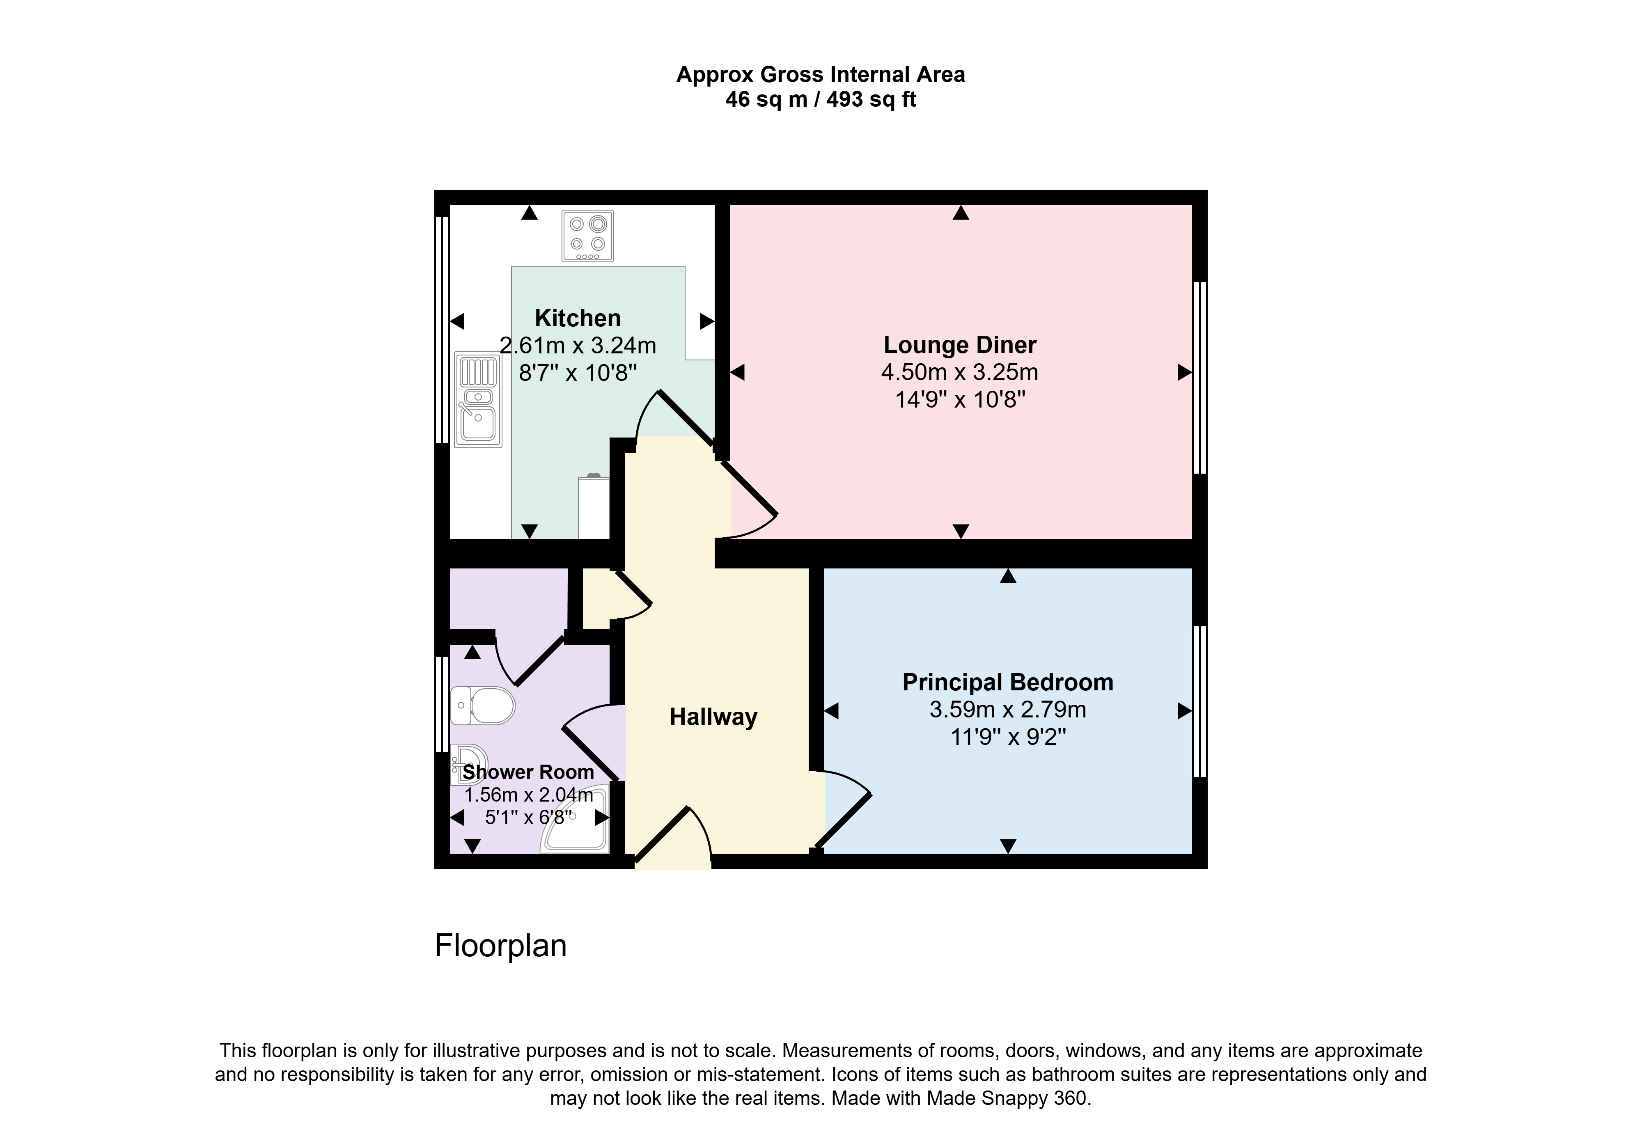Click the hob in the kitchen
pos(587,235)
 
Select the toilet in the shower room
pos(482,706)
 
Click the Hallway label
pos(713,716)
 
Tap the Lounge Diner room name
pos(959,345)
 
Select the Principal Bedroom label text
pos(1007,682)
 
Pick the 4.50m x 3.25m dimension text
pos(959,372)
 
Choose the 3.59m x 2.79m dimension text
pos(1007,709)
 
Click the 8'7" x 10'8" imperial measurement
pos(578,373)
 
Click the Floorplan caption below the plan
pos(500,945)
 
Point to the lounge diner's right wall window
pos(1199,378)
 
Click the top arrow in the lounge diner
pos(960,212)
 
